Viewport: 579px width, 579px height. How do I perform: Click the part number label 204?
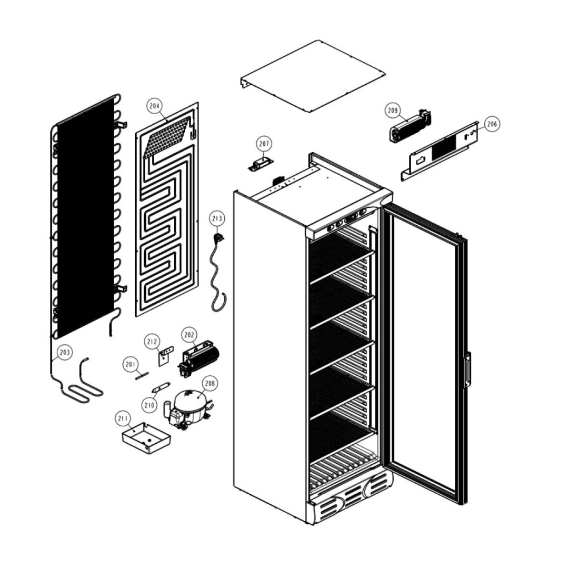[x=155, y=106]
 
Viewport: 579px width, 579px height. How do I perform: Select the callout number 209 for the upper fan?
[x=393, y=110]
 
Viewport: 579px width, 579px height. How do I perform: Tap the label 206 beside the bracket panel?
[x=492, y=124]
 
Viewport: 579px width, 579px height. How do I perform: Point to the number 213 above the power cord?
[x=217, y=218]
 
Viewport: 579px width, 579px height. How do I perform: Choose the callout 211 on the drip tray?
[x=123, y=418]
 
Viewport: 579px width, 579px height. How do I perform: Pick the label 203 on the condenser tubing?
[x=65, y=352]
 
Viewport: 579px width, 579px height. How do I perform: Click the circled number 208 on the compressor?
[x=209, y=384]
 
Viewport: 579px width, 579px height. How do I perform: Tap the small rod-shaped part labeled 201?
[x=142, y=375]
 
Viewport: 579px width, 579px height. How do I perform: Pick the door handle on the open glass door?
[x=467, y=370]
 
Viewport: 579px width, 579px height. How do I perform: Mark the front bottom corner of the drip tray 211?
[x=149, y=454]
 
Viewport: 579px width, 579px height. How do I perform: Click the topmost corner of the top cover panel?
[x=316, y=40]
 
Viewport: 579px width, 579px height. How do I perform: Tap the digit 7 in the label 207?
[x=268, y=144]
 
